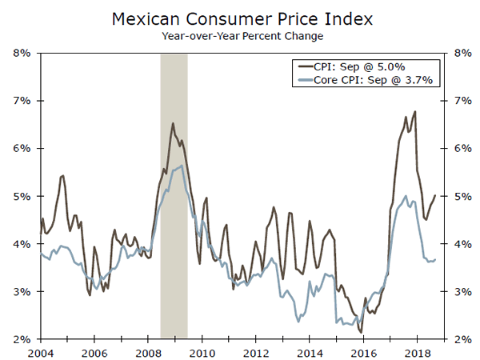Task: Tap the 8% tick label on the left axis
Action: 21,53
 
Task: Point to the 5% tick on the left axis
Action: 21,196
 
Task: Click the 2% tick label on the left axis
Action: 21,339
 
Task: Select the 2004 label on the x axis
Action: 41,353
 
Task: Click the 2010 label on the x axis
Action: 202,353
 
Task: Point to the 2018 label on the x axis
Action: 417,353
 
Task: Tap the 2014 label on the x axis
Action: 309,353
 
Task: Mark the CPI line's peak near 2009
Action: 173,123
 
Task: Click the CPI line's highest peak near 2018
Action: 414,111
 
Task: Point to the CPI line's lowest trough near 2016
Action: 361,333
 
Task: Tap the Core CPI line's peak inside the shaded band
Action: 183,166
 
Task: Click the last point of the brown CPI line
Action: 436,195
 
